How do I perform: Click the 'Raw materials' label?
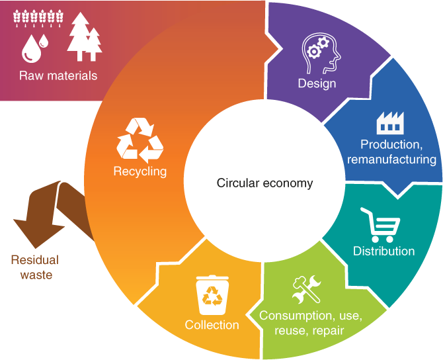(x=58, y=75)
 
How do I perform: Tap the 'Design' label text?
(x=317, y=83)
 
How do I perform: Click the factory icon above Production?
(x=389, y=122)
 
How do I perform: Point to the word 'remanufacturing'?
(x=391, y=159)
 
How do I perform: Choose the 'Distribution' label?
(x=383, y=251)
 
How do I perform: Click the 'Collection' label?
(x=212, y=325)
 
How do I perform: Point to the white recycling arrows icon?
(x=140, y=140)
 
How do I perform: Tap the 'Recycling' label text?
(x=140, y=171)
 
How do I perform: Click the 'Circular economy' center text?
(x=264, y=183)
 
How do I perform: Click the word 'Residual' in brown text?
(x=34, y=260)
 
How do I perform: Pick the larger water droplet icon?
(x=30, y=49)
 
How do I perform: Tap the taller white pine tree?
(x=77, y=36)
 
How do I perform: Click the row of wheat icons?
(x=38, y=15)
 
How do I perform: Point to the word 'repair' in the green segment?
(x=328, y=330)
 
